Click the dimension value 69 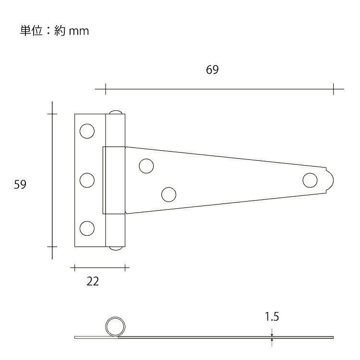click(x=212, y=70)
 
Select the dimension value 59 click(x=20, y=184)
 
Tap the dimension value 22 click(x=93, y=281)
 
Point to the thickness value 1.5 click(x=272, y=317)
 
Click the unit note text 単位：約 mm click(x=54, y=31)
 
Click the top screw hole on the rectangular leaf click(x=87, y=131)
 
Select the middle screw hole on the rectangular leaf click(x=87, y=180)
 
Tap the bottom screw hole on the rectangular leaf click(x=87, y=228)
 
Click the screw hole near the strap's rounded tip click(x=310, y=180)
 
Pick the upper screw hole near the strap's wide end click(x=146, y=166)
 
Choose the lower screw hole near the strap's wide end click(x=169, y=194)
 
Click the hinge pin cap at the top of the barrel click(x=116, y=112)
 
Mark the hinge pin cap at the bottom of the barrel click(x=116, y=248)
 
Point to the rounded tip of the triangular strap click(x=334, y=180)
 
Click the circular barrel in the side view click(x=115, y=317)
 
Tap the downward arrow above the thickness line click(x=272, y=333)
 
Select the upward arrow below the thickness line click(x=272, y=342)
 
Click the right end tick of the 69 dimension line click(x=333, y=89)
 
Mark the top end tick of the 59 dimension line click(x=52, y=114)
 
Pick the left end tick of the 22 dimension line click(x=74, y=267)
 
